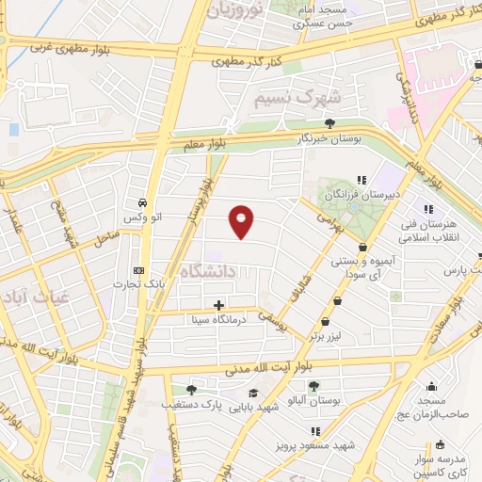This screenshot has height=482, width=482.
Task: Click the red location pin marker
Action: click(x=242, y=220)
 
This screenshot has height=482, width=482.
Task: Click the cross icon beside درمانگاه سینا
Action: click(x=218, y=305)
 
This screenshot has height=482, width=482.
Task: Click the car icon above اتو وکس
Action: click(x=141, y=202)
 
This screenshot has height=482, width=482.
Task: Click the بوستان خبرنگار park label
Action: click(x=329, y=138)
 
